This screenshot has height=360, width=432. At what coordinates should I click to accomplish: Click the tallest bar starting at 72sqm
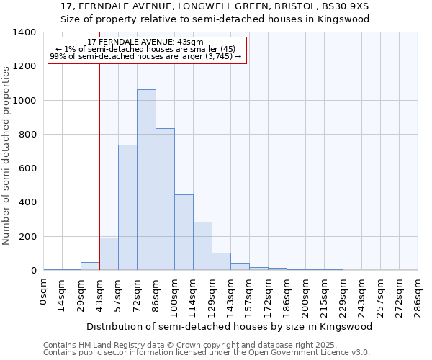146,180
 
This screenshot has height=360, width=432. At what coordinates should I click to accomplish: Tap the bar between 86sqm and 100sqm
165,199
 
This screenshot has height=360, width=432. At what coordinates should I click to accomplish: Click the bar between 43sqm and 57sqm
109,254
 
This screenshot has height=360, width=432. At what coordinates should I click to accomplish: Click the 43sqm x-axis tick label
100,294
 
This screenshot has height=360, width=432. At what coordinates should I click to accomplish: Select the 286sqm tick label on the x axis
418,296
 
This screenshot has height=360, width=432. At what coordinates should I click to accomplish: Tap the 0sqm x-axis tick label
44,291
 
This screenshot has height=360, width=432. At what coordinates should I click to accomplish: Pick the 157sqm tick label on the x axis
249,296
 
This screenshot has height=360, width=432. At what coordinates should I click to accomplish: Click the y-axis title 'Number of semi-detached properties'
7,155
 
